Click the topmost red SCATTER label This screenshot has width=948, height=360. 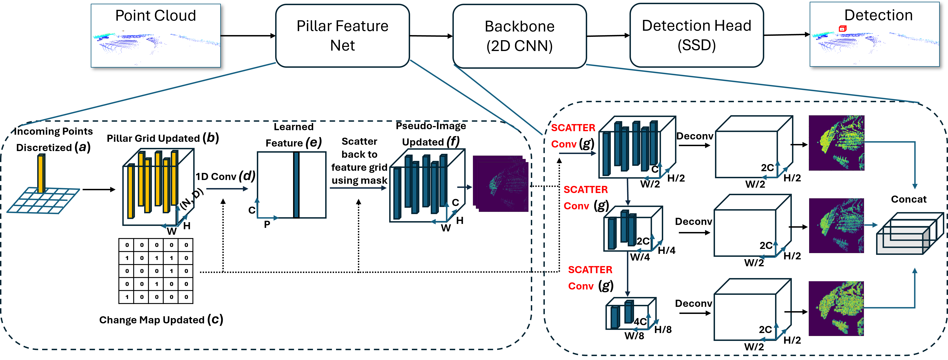point(573,128)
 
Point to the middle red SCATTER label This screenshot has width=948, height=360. point(586,190)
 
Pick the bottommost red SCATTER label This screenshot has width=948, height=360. point(590,270)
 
